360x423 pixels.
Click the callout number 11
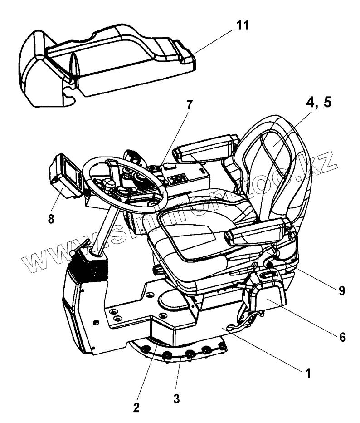point(243,25)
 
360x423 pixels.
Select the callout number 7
point(189,105)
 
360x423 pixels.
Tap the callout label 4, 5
point(318,102)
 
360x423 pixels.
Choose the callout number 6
point(342,337)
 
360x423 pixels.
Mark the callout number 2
point(136,407)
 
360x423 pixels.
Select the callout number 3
point(177,399)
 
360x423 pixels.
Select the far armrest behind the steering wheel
point(206,148)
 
